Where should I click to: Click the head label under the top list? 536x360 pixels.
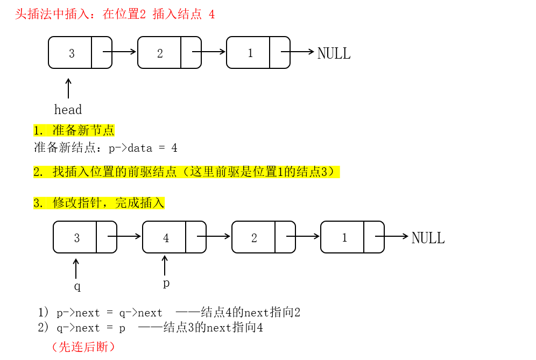tap(68, 110)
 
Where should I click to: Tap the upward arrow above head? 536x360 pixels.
tap(68, 88)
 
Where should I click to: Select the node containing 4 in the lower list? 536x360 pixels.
tap(174, 237)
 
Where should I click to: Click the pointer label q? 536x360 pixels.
tap(77, 286)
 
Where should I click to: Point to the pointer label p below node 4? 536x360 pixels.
tap(166, 283)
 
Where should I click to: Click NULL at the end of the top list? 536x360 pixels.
tap(334, 53)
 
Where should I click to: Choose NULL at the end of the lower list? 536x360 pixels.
tap(428, 238)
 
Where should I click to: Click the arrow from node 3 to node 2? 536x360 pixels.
tap(119, 52)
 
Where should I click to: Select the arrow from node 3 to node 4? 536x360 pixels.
tap(124, 236)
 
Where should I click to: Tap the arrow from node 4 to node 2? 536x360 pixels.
tap(214, 236)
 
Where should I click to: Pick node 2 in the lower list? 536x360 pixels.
tap(263, 237)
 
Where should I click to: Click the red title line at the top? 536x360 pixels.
tap(115, 14)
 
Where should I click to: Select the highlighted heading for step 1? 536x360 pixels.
tap(74, 130)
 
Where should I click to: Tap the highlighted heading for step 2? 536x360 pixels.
tap(186, 172)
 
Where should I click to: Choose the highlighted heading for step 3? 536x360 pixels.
tap(98, 203)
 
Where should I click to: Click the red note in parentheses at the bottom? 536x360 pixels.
tap(83, 347)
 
